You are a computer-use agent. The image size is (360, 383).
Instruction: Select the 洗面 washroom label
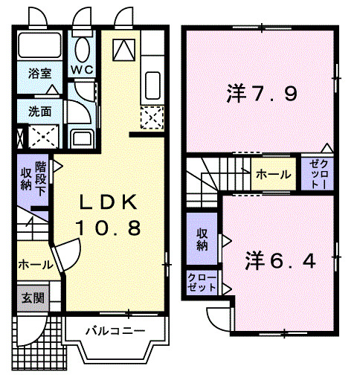coord(40,112)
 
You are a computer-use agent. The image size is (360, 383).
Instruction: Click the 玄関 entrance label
coord(33,299)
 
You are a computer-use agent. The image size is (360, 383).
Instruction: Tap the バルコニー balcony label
coord(114,330)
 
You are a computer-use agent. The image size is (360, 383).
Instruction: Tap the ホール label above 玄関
coord(34,265)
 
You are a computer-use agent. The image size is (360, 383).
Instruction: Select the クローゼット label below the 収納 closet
coord(202,283)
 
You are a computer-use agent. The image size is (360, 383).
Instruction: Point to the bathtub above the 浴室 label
coord(41,46)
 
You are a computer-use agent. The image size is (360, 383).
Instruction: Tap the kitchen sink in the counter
coord(151,85)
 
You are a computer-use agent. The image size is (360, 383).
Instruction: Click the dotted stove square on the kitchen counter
coord(151,118)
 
